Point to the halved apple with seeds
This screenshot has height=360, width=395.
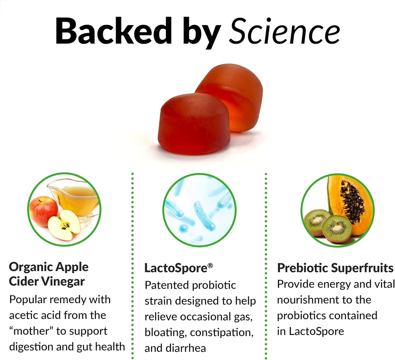[x=64, y=225]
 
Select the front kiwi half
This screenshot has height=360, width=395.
[x=336, y=228]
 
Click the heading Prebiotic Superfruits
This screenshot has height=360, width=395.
[x=335, y=268]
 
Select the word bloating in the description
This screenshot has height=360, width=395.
[x=165, y=332]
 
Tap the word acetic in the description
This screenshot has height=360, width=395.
[x=23, y=315]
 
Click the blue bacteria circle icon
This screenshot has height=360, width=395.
[x=199, y=210]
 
